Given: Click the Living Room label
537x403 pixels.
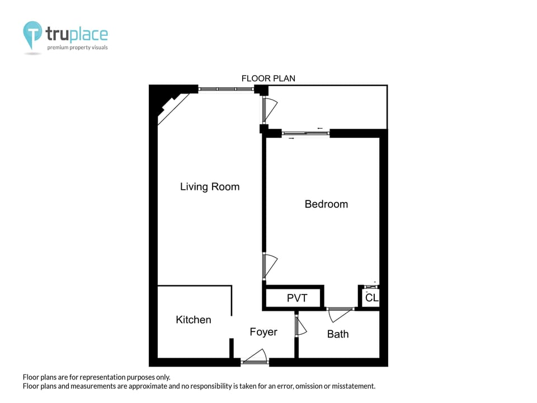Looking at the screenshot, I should [x=209, y=187].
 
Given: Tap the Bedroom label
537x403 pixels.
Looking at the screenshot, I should [x=326, y=204].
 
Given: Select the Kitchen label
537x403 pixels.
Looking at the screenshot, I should [x=194, y=320].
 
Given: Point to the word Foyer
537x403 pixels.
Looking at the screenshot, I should [x=263, y=332].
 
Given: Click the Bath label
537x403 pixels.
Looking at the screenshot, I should [x=338, y=334].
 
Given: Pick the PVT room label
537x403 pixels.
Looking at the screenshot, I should [x=297, y=298].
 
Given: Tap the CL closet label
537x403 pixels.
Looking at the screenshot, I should [x=371, y=298].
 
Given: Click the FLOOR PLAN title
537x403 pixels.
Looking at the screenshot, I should [x=268, y=78].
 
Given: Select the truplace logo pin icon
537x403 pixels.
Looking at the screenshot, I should [x=32, y=35].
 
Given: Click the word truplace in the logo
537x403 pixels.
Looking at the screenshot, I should [x=77, y=35].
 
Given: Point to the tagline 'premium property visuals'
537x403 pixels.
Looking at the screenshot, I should [x=77, y=48].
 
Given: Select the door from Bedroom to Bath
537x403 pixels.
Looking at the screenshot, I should [x=340, y=313].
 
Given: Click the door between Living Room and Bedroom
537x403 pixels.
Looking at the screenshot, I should [x=268, y=265].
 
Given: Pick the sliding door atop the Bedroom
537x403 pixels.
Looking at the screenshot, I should [x=306, y=133].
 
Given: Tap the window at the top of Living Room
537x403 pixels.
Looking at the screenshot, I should [x=226, y=88].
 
